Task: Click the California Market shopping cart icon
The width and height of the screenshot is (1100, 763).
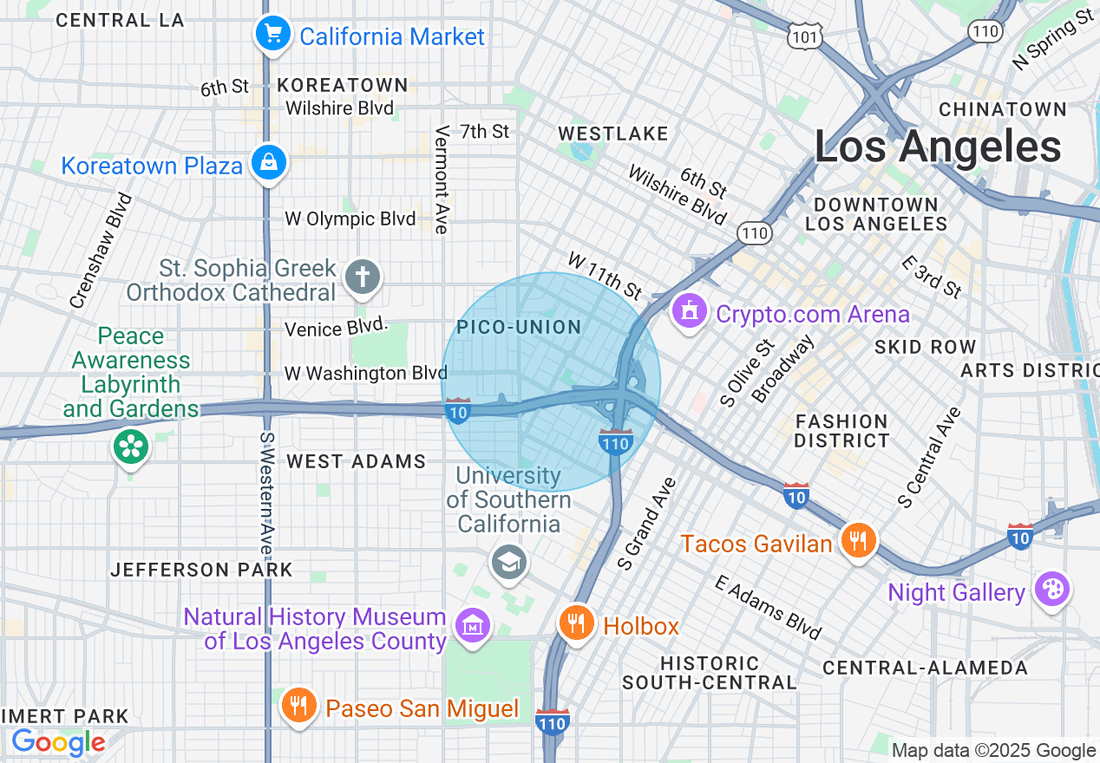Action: (x=272, y=35)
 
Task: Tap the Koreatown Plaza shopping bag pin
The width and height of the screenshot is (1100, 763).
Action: (x=269, y=162)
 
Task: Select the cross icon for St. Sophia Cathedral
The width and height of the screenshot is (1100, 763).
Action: (x=363, y=278)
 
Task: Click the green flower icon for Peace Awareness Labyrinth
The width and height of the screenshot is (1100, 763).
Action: (x=131, y=447)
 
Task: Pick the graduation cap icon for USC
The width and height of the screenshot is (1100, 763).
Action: (x=509, y=562)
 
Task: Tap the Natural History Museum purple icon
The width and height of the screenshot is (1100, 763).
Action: (x=473, y=624)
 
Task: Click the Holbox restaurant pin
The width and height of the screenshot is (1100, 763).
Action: (x=575, y=622)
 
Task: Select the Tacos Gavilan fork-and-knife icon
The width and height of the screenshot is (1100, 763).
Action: (x=858, y=541)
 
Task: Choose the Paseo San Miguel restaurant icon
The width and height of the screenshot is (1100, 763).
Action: (x=298, y=704)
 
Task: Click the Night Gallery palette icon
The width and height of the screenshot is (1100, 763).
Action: (x=1051, y=590)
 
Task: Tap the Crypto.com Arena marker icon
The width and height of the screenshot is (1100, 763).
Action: (x=690, y=310)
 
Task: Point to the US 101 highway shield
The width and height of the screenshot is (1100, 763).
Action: (x=804, y=36)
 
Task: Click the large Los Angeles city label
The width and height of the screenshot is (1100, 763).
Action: (x=938, y=147)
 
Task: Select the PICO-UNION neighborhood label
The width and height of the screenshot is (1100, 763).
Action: (x=519, y=327)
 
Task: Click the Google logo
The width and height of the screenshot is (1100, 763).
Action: (x=58, y=742)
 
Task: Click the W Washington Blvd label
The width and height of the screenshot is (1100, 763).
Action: (x=365, y=373)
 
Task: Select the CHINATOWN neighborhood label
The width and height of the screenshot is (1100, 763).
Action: (x=1002, y=109)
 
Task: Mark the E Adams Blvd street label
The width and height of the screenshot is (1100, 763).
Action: (x=768, y=607)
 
